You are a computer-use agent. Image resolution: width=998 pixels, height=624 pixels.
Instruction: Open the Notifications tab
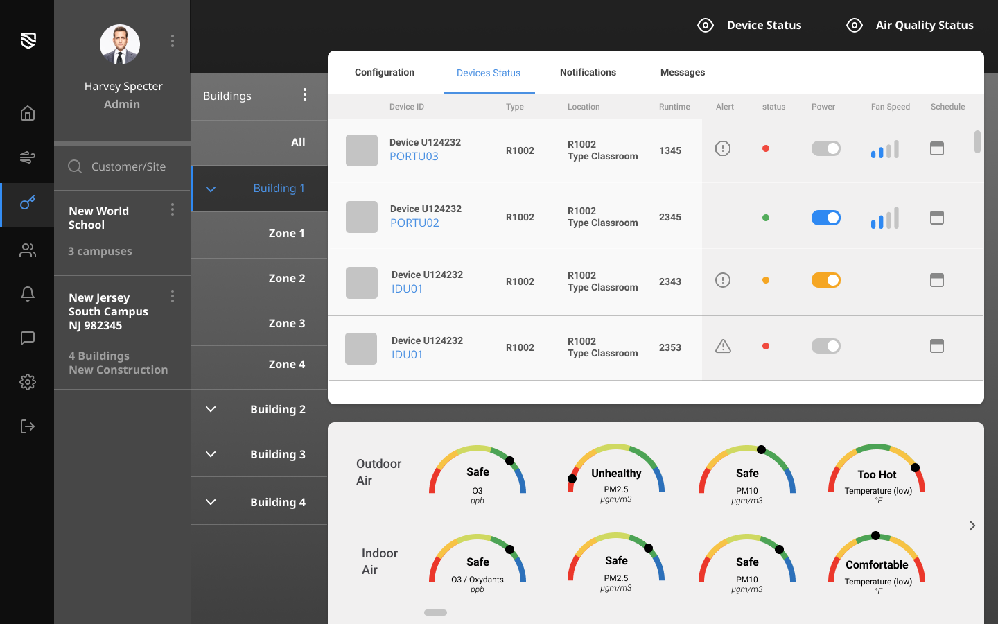588,72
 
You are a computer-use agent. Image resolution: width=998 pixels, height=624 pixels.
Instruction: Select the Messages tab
682,72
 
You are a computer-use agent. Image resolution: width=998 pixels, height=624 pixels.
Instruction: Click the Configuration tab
385,72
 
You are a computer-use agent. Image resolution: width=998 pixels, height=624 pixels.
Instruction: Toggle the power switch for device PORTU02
825,218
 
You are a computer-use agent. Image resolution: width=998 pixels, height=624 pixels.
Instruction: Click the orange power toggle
825,280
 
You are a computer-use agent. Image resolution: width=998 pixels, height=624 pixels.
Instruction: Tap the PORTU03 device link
414,157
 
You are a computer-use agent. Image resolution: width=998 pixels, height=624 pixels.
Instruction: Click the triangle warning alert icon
723,346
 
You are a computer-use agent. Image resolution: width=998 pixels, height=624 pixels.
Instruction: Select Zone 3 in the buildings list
286,323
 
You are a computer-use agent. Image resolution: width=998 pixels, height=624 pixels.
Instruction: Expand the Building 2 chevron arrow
211,409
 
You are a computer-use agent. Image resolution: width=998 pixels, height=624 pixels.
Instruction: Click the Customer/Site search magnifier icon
75,166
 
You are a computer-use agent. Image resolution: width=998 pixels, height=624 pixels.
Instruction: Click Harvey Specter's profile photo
120,45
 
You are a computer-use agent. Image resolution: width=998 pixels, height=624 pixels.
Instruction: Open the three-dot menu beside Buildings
305,95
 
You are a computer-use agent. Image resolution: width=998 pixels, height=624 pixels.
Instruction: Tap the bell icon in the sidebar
28,294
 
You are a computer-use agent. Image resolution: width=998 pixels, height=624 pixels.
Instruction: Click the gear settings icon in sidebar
28,382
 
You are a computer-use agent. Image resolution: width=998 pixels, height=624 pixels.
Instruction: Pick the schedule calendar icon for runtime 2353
937,346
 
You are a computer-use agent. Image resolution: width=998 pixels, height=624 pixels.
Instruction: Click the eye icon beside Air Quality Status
855,26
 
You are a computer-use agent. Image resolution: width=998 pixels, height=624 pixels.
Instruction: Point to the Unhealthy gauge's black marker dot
572,478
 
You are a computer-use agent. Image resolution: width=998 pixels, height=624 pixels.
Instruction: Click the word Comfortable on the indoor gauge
877,564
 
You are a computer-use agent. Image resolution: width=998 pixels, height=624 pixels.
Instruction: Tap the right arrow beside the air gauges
972,526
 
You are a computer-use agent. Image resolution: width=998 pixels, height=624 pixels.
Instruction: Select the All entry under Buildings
298,142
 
